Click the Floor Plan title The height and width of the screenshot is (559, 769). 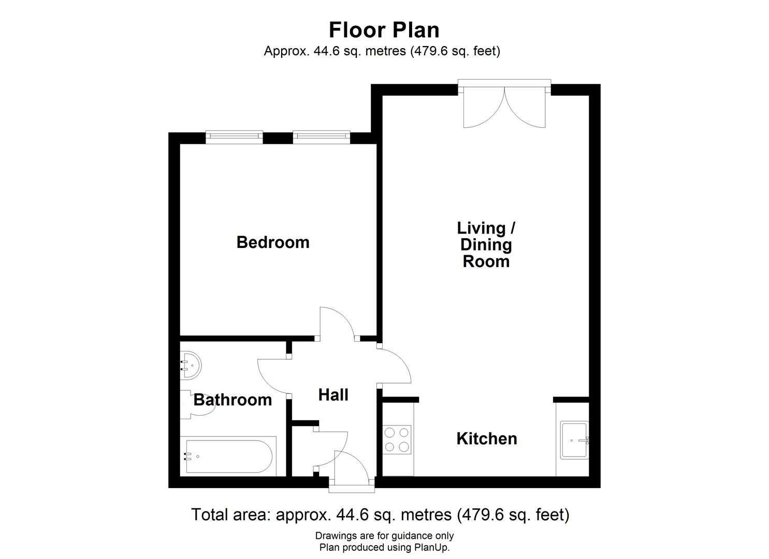tap(384, 30)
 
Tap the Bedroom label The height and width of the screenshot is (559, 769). tap(273, 242)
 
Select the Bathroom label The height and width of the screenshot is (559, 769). tap(233, 400)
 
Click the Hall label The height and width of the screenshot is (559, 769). tap(333, 395)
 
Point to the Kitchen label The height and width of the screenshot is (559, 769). tap(486, 439)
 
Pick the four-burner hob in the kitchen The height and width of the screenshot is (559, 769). tap(397, 439)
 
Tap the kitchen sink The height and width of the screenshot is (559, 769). tap(574, 440)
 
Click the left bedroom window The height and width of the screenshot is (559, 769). tap(234, 136)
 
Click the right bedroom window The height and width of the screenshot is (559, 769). tap(321, 136)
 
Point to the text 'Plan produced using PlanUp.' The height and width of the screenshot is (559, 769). tap(384, 548)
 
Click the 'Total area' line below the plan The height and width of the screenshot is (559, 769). tap(380, 515)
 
